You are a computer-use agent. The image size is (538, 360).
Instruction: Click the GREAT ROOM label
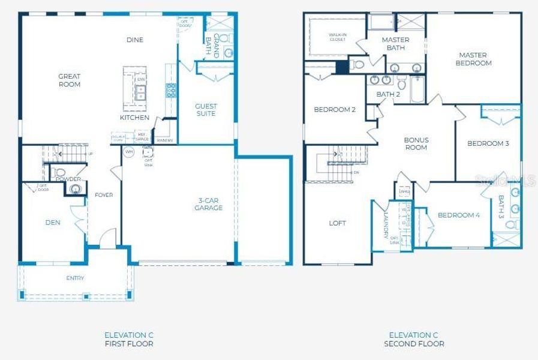[x=69, y=80]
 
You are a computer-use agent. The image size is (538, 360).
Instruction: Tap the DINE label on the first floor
[x=135, y=40]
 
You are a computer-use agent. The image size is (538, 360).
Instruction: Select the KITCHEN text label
[x=134, y=118]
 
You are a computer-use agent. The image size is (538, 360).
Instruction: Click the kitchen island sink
[x=141, y=92]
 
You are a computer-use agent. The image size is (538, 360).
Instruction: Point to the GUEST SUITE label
[x=205, y=110]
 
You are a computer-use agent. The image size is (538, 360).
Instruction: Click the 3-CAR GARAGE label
[x=208, y=204]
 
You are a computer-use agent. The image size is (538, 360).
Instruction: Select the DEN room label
[x=53, y=223]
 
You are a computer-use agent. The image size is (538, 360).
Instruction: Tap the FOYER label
[x=104, y=195]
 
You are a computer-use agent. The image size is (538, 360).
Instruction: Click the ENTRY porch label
[x=75, y=278]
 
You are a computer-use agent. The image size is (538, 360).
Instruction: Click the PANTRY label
[x=164, y=140]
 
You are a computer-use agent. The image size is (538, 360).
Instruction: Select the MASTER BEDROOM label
[x=473, y=59]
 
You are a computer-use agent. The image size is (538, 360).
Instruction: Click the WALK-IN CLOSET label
[x=338, y=37]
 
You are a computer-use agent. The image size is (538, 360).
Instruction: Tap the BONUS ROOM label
[x=416, y=143]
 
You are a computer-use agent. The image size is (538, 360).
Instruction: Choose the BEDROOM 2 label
[x=335, y=110]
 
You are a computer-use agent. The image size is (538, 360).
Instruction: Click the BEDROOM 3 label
[x=488, y=143]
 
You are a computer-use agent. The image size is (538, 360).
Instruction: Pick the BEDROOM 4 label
[x=458, y=215]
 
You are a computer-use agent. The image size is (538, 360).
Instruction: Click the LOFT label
[x=338, y=223]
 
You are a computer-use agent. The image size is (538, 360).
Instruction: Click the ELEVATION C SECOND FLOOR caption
[x=414, y=340]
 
